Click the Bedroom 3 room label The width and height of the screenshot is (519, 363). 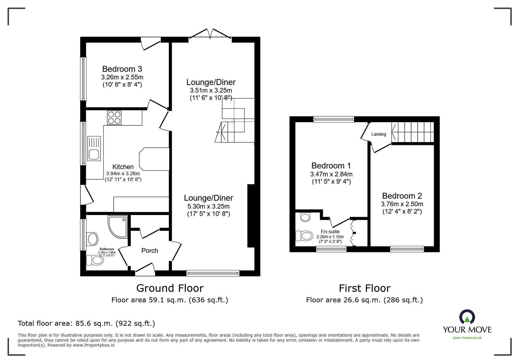(x=122, y=69)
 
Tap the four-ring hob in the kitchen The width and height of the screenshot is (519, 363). (x=114, y=117)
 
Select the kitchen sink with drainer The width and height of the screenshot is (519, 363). (x=94, y=149)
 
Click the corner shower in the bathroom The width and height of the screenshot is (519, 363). (x=118, y=227)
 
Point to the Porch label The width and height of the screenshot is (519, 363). (x=150, y=250)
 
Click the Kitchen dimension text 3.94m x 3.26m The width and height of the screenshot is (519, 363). (x=123, y=173)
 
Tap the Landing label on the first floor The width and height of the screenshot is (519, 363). (x=379, y=134)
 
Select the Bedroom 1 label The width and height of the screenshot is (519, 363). (x=331, y=166)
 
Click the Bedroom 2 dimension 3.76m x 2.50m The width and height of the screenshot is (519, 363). (x=402, y=204)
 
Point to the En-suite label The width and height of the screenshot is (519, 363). (x=330, y=231)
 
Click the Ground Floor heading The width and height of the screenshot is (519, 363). (x=170, y=288)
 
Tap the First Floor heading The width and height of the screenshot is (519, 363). (x=365, y=288)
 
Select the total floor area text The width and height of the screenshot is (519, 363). (x=86, y=323)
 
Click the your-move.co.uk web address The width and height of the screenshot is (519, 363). (x=467, y=338)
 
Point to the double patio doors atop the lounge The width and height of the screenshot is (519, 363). (x=210, y=34)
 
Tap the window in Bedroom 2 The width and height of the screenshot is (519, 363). (x=407, y=249)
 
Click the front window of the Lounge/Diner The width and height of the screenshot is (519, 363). (x=213, y=273)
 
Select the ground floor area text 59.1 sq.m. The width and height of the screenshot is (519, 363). (x=170, y=300)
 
